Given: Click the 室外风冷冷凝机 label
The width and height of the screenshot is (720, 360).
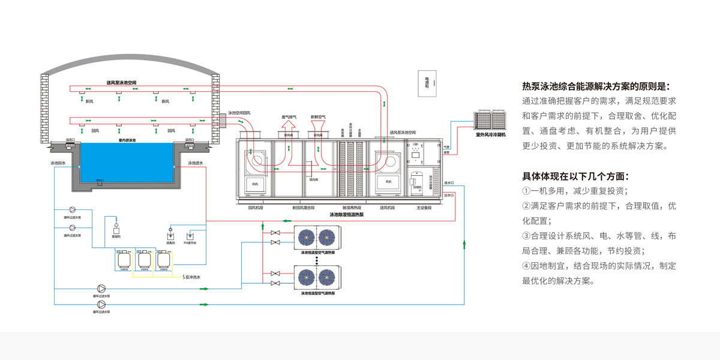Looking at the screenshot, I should [491, 135].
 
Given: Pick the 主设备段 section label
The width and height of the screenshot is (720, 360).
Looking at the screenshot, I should [425, 208].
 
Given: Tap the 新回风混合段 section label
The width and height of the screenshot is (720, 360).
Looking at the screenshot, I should [303, 208].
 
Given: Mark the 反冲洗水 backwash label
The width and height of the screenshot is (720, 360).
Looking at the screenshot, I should [192, 277].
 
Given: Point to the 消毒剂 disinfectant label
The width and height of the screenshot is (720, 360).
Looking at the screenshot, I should [170, 243].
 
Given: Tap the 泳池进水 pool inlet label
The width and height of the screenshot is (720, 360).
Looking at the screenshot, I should [196, 163].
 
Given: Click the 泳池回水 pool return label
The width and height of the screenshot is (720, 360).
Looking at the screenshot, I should [58, 163].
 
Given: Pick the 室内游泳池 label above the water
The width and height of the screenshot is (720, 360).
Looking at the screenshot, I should [127, 140].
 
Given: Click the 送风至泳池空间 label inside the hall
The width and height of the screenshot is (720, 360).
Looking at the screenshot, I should [122, 82].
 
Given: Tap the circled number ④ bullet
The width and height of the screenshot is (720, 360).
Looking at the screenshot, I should [526, 266].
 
